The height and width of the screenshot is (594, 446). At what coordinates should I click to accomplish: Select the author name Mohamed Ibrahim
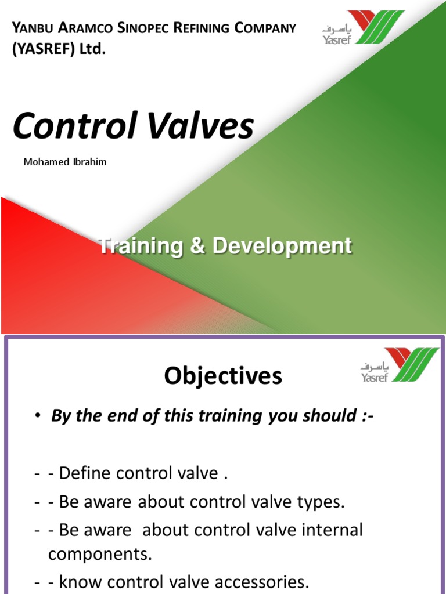64,162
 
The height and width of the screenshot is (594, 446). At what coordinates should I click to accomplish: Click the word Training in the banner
140,246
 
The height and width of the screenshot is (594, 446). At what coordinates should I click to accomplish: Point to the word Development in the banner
282,246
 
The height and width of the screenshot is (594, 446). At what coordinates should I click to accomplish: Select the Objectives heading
222,377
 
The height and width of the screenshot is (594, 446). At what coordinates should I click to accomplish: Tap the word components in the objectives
99,554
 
